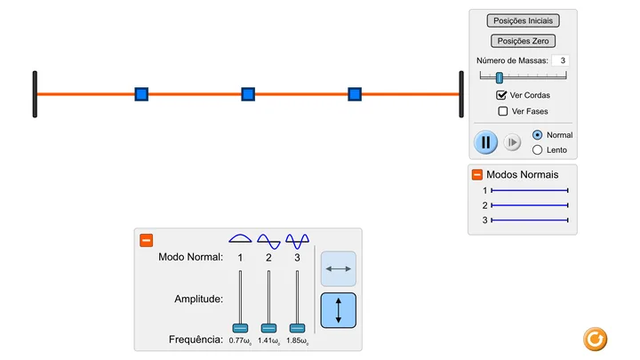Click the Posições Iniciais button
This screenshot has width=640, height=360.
coord(523,20)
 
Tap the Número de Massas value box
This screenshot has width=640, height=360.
coord(560,60)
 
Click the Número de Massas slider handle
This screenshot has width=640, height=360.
coord(500,77)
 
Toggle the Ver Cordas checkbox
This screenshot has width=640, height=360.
coord(501,95)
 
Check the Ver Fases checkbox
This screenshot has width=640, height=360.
coord(503,111)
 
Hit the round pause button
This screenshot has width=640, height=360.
coord(485,142)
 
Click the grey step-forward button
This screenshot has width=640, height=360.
coord(512,142)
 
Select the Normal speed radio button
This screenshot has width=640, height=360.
coord(537,135)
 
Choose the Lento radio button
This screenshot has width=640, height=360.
coord(537,150)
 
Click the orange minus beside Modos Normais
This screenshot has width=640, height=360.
coord(477,175)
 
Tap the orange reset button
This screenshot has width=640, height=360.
coord(595,340)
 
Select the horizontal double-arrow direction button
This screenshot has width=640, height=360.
coord(339,268)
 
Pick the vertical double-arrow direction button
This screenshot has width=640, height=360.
coord(339,310)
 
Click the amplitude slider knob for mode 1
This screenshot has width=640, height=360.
coord(240,328)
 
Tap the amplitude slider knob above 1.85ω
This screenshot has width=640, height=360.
coord(297,328)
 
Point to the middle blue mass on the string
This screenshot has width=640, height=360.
coord(248,94)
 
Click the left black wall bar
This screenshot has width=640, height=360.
coord(35,94)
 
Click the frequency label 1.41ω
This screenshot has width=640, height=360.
coord(268,340)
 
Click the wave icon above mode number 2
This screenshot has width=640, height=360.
coord(268,241)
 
